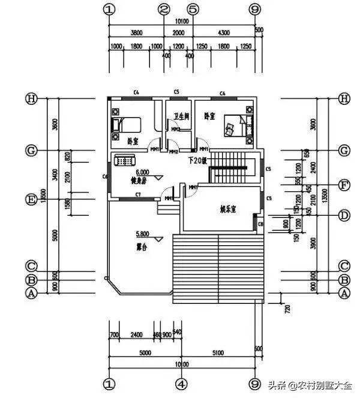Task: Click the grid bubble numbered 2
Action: pos(164,10)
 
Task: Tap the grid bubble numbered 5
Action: pos(193,10)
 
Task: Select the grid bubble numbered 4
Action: pos(182,382)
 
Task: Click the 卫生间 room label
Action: pos(181,116)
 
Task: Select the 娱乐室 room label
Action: pos(229,209)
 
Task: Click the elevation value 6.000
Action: pos(143,171)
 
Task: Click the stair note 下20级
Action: pos(197,160)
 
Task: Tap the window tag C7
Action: pos(138,194)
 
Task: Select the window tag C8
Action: pos(260,224)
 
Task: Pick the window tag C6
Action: pos(105,176)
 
